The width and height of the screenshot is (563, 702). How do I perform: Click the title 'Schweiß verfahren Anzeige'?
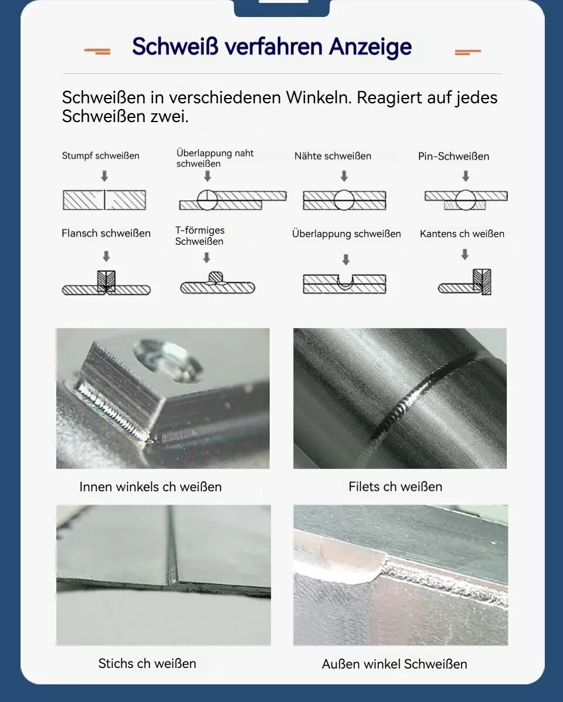click(x=272, y=47)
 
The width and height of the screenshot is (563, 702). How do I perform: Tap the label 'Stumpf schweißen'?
click(x=101, y=156)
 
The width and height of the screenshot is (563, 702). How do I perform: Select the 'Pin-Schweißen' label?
click(x=453, y=156)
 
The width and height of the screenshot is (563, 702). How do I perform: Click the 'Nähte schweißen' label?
click(x=333, y=156)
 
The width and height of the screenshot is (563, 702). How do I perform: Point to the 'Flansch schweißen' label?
click(x=106, y=233)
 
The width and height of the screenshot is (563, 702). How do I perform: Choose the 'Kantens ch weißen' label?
click(x=462, y=234)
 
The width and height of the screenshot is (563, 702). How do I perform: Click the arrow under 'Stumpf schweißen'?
click(x=104, y=176)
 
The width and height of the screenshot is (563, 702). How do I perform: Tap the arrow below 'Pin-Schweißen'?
click(x=466, y=176)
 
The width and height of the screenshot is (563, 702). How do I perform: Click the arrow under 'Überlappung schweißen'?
click(x=345, y=259)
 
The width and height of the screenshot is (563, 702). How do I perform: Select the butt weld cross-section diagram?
click(x=104, y=200)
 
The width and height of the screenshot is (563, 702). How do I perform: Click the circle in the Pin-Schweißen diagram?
click(x=466, y=200)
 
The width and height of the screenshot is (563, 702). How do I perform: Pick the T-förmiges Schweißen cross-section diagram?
click(x=218, y=283)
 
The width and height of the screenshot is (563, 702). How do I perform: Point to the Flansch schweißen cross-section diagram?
click(x=106, y=282)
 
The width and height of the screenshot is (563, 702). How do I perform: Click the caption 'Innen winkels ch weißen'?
click(x=150, y=487)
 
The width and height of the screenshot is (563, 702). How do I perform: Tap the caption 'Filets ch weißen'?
click(x=395, y=487)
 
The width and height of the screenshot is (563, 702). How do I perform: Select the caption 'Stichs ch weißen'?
click(x=147, y=663)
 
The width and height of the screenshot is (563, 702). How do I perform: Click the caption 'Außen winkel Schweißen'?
click(x=395, y=664)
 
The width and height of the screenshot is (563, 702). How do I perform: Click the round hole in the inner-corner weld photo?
click(x=168, y=361)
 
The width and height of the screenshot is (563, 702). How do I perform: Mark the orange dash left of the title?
click(x=97, y=52)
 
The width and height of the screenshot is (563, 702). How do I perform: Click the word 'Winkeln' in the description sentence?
click(x=318, y=97)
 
